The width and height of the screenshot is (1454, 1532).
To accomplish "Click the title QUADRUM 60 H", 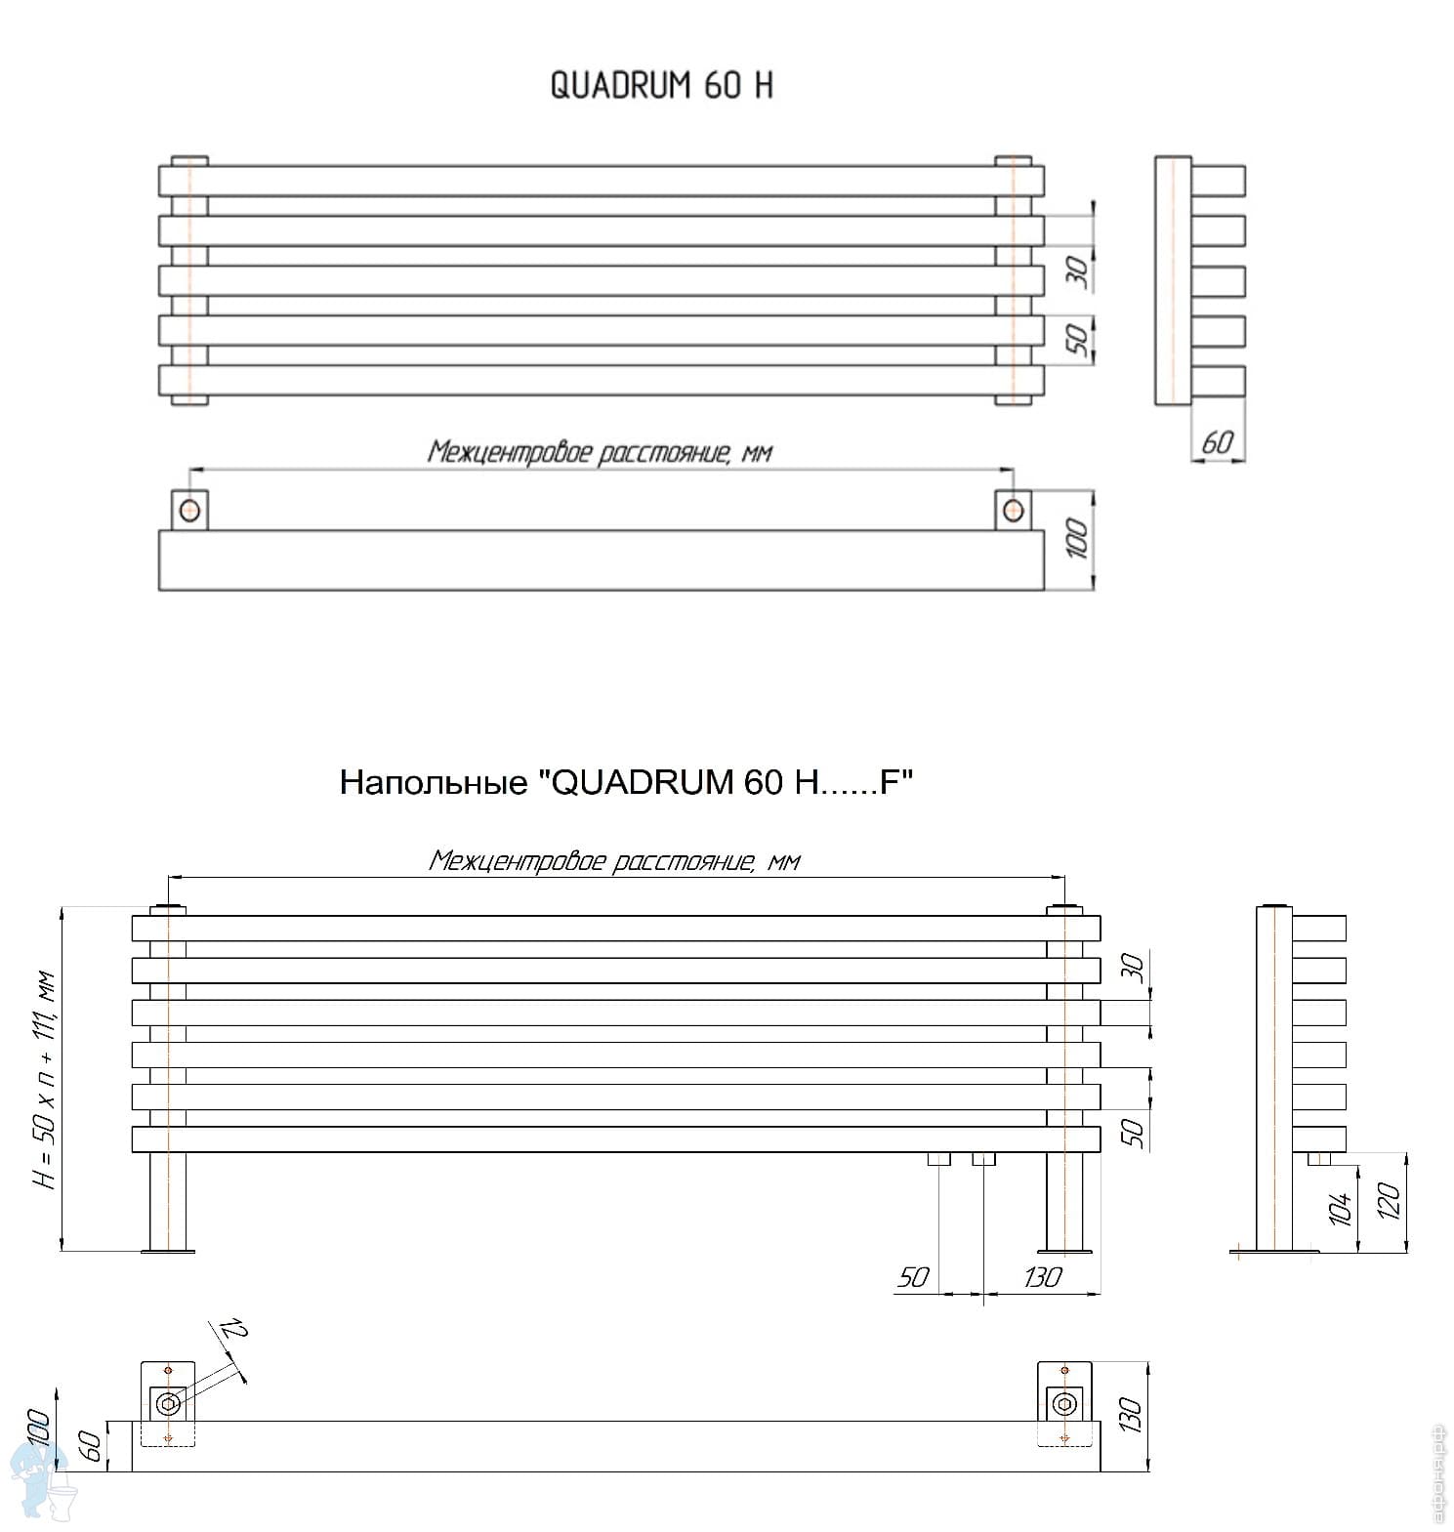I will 661,86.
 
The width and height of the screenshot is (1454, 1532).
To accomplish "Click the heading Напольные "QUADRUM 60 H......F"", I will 626,782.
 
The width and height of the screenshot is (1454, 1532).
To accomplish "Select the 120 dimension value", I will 1389,1200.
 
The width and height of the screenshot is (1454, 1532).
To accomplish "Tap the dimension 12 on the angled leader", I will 233,1330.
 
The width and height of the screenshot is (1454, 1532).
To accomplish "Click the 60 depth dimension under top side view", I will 1217,442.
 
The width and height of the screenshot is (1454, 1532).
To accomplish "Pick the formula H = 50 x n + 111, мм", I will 46,1079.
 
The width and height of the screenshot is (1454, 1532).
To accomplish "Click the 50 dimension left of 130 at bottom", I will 912,1277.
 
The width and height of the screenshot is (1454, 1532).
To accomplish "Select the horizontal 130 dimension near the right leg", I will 1042,1277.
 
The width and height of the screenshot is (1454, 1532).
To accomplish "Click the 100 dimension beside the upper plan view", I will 1076,538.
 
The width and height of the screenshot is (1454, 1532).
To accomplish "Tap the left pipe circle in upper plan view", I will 189,510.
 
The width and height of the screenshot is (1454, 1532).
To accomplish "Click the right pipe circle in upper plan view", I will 1014,510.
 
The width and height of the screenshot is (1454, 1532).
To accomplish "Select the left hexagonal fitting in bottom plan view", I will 169,1404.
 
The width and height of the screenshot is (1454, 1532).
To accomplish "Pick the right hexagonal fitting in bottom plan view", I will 1063,1405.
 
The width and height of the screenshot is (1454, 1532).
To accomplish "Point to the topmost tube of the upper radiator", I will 601,181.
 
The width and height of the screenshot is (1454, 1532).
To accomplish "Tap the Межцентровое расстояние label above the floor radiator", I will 614,861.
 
